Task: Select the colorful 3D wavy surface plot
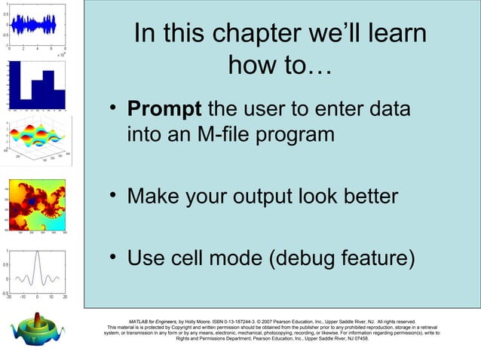(38, 139)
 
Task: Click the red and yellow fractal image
(38, 204)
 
